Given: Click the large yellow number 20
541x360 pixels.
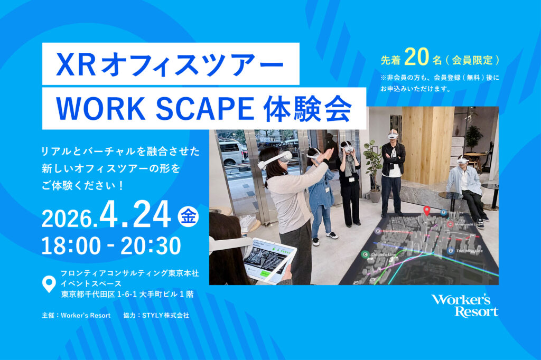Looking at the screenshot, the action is [416, 57].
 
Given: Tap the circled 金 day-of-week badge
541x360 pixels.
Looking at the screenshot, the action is [188, 216].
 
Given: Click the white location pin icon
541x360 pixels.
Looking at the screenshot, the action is [49, 284].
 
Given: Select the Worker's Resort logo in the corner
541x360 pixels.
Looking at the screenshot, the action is [464, 306].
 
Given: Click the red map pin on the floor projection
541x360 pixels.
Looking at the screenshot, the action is [427, 211].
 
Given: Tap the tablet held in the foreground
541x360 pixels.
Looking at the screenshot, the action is [269, 260].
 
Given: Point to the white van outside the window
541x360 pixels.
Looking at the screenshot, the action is [232, 151].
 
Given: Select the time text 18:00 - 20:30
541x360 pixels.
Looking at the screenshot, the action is [111, 245].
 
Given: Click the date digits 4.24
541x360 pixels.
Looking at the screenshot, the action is [135, 214].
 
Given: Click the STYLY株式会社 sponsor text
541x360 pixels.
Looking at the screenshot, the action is [165, 315].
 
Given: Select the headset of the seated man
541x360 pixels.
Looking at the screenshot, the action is [462, 160].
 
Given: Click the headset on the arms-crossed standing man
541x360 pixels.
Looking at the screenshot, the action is [393, 136].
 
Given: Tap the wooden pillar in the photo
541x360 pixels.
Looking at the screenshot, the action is [427, 145].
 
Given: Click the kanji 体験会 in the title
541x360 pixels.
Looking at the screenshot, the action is [307, 109].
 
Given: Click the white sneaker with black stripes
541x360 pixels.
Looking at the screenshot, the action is [332, 235].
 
